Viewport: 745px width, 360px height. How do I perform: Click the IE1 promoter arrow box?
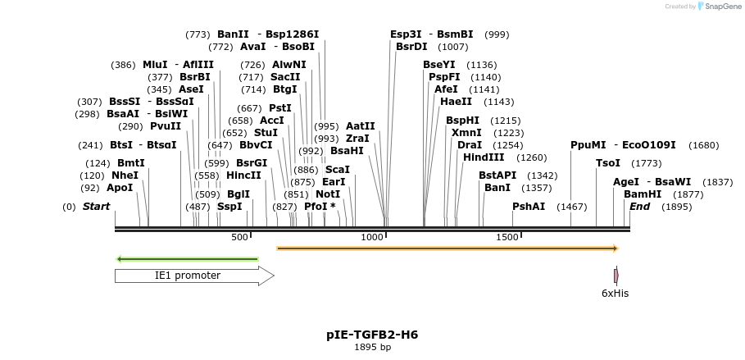point(194,276)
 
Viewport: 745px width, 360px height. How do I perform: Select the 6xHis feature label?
point(616,294)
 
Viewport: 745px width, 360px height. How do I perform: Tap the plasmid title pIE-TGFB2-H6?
point(372,335)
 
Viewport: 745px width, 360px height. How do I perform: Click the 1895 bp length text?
point(372,348)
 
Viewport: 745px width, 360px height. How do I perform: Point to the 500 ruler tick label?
point(239,237)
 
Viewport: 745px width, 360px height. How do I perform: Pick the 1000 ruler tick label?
point(373,237)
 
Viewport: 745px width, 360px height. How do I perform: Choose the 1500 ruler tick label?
point(507,237)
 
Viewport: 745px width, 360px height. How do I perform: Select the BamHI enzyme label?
point(643,194)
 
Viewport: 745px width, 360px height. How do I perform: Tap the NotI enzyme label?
point(328,194)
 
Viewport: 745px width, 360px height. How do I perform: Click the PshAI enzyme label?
point(529,207)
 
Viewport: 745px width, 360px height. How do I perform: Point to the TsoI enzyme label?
point(608,163)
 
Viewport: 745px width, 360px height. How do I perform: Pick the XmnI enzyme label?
point(466,133)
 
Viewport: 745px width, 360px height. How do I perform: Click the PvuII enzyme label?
point(166,126)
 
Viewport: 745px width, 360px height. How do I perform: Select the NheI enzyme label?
point(125,175)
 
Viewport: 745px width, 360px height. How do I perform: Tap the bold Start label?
point(96,207)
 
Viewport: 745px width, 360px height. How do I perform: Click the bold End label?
point(639,207)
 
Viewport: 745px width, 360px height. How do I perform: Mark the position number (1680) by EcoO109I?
point(703,145)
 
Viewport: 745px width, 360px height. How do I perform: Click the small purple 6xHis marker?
point(616,276)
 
